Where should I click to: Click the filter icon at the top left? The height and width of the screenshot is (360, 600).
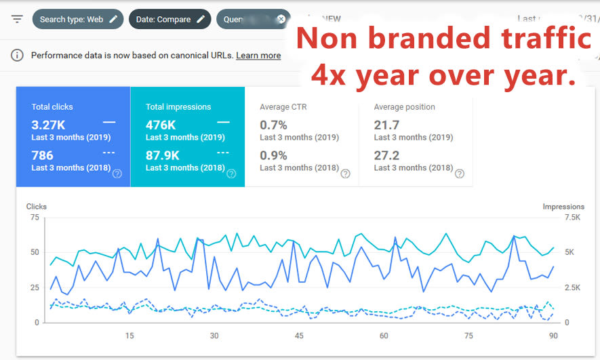(17, 19)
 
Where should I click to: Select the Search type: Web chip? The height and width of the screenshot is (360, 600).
(78, 19)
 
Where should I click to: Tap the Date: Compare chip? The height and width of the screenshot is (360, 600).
(169, 19)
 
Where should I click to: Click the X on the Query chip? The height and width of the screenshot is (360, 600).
(281, 19)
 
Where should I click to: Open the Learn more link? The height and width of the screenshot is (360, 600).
(258, 56)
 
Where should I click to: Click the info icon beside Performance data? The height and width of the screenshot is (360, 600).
(17, 56)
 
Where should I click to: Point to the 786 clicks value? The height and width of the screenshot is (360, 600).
(42, 155)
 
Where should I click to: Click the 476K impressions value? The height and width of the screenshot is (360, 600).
(161, 125)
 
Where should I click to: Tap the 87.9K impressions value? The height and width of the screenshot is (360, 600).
(163, 155)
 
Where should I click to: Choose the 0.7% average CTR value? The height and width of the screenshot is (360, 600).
(273, 125)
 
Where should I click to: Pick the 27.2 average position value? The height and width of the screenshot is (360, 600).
(386, 155)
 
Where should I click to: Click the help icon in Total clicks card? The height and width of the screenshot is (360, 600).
(117, 174)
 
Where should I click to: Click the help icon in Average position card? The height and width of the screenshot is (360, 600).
(460, 174)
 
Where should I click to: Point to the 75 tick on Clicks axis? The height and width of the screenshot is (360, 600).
(33, 217)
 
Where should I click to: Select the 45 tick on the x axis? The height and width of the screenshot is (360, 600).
(299, 336)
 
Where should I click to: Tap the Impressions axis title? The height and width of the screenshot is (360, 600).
(563, 206)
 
